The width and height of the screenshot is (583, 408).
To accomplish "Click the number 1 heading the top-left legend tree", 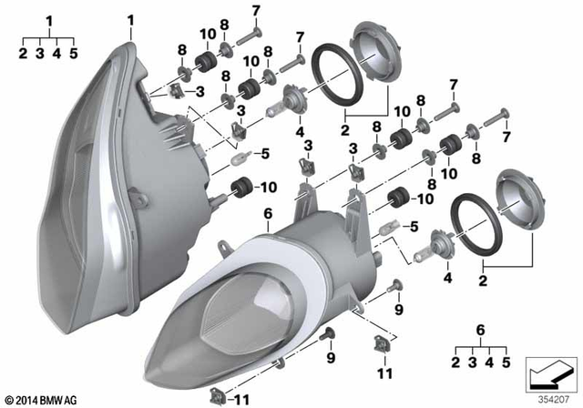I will (49, 19).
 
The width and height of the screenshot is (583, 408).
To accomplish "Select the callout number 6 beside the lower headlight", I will (268, 215).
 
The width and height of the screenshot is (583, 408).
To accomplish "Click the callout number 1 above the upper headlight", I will (129, 19).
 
